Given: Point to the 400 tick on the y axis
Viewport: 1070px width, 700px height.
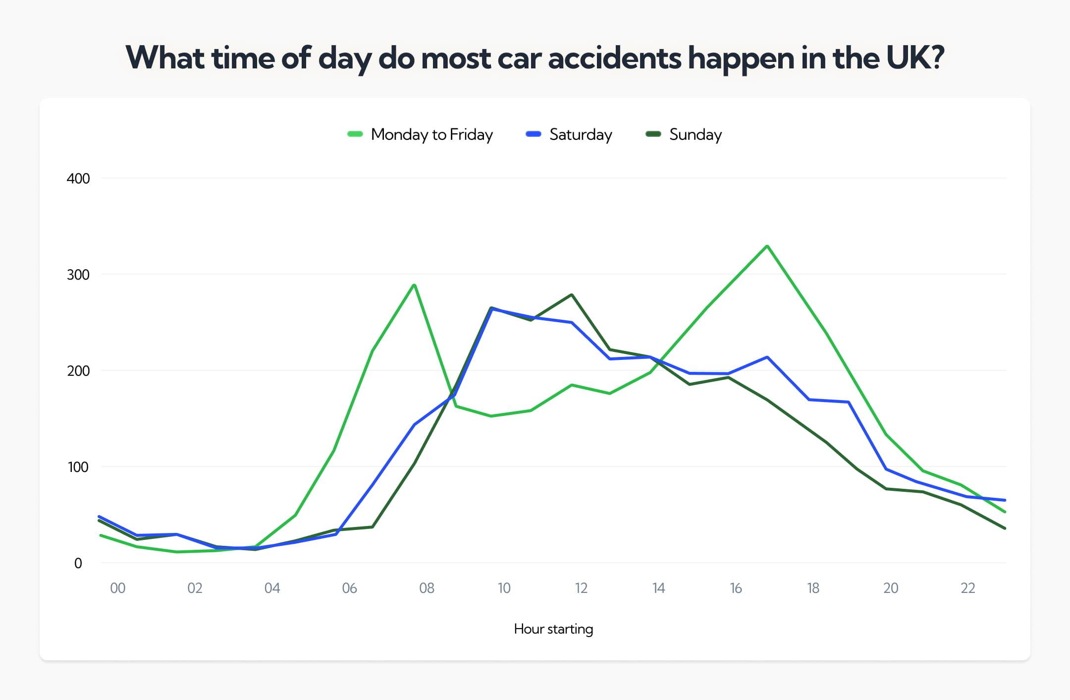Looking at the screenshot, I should click(78, 178).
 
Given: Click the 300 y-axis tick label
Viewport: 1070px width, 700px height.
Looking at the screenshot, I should click(78, 275).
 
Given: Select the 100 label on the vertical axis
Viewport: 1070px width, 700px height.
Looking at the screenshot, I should click(78, 467).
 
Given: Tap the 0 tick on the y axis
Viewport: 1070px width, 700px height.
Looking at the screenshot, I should click(78, 563).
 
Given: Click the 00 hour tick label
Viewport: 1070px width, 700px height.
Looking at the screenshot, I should click(117, 588).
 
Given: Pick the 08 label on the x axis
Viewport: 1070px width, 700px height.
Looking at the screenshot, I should click(427, 588).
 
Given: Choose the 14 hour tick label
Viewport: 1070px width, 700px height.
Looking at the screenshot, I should click(658, 588).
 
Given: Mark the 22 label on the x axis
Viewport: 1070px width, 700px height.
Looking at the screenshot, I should click(967, 588).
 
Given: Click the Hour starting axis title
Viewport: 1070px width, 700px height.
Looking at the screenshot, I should click(553, 629).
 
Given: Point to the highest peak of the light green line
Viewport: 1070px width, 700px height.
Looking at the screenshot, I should click(767, 246).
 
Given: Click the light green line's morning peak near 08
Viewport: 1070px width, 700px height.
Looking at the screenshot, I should click(414, 285).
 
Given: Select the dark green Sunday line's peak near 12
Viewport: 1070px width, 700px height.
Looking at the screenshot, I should click(572, 295).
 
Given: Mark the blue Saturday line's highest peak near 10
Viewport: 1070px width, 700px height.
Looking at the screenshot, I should click(491, 309).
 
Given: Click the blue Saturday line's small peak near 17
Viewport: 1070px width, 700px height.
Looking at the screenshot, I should click(767, 357).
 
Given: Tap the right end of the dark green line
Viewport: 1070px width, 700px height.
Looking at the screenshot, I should click(1005, 528).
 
